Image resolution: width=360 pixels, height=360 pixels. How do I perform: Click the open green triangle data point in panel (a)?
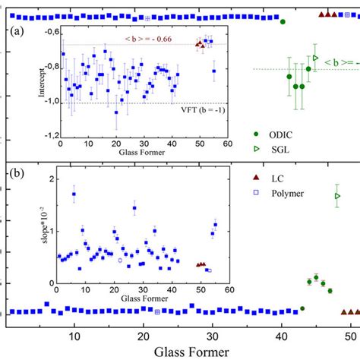[315, 57]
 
